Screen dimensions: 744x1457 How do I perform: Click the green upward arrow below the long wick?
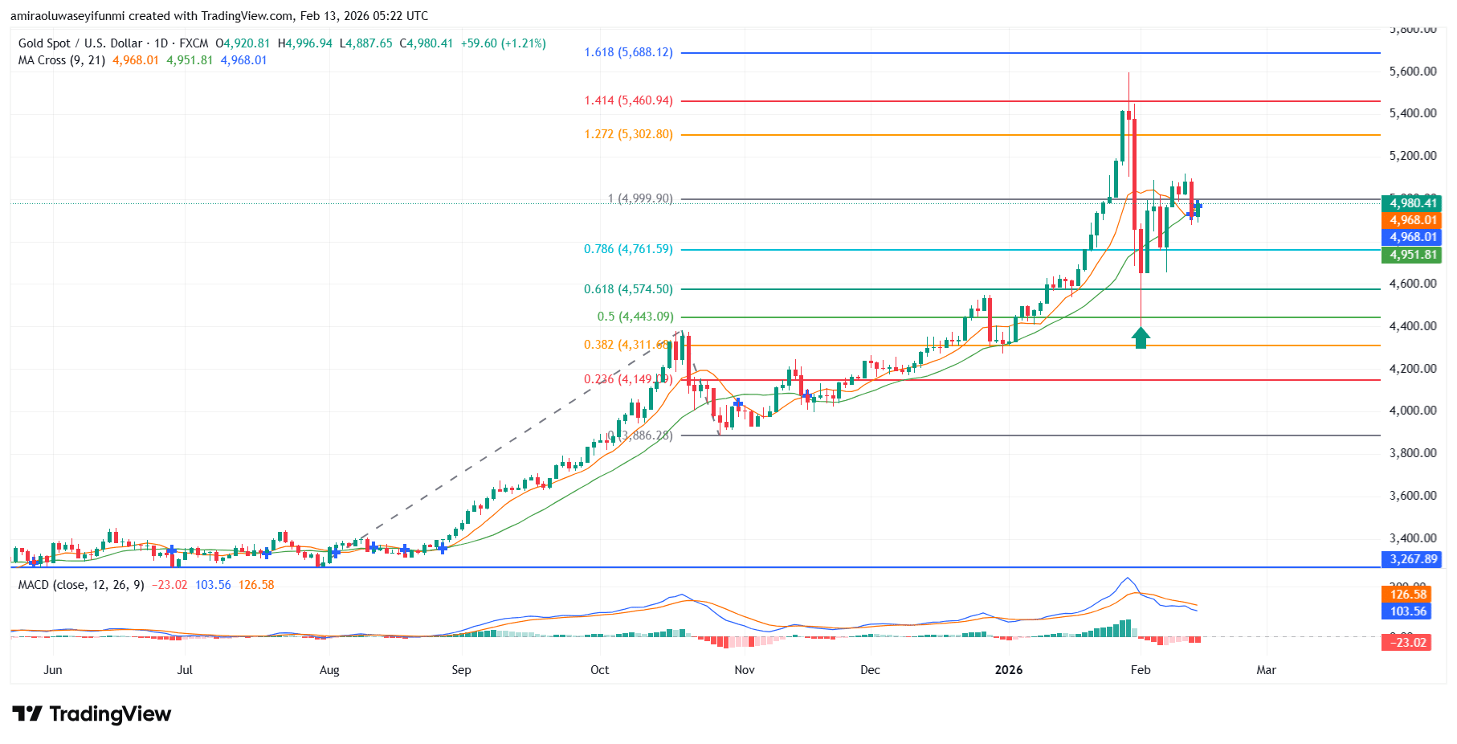[1141, 337]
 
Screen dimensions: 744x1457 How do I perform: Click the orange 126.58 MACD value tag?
[1408, 595]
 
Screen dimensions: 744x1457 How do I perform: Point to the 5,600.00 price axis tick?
[1412, 72]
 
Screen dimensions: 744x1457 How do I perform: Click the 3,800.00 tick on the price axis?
[1412, 453]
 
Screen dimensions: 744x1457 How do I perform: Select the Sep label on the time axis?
[461, 670]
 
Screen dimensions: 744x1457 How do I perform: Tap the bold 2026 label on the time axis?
[1009, 670]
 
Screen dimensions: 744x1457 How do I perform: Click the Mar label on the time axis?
[1266, 670]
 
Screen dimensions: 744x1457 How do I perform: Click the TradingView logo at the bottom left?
[92, 714]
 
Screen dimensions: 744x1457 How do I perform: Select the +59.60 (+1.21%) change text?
[503, 43]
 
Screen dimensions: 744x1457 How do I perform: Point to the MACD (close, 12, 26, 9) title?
[81, 585]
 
